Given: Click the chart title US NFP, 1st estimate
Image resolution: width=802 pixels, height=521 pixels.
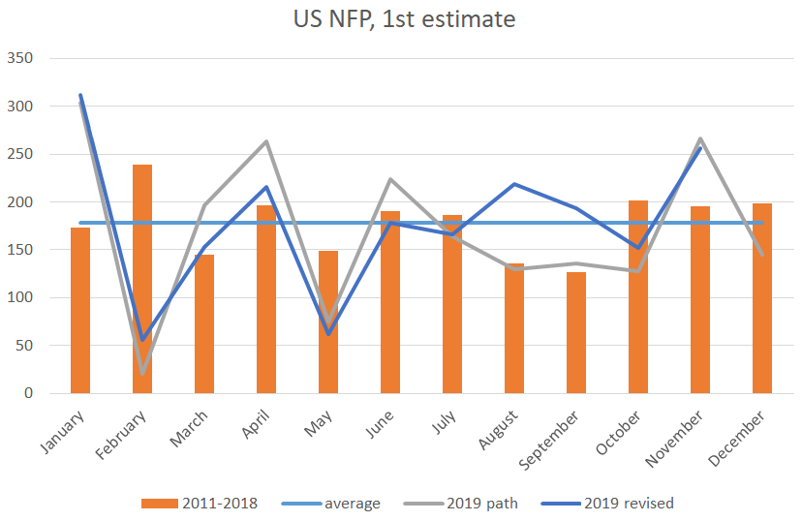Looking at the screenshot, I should [x=405, y=19].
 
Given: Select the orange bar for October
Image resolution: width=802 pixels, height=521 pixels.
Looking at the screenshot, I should [x=638, y=296].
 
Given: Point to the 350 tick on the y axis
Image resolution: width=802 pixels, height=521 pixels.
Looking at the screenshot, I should [x=20, y=59].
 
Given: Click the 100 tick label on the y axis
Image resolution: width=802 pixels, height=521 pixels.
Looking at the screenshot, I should [x=20, y=298].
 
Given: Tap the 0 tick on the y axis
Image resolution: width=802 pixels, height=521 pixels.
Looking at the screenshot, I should [x=28, y=394].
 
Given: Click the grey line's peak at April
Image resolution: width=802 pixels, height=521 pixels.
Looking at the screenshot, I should [x=266, y=141].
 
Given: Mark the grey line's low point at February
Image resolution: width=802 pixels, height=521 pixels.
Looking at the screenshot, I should [x=142, y=373].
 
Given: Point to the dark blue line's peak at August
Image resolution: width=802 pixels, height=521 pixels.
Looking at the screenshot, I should [x=514, y=184].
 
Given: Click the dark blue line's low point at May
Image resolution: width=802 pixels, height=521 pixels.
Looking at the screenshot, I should [x=328, y=334].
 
